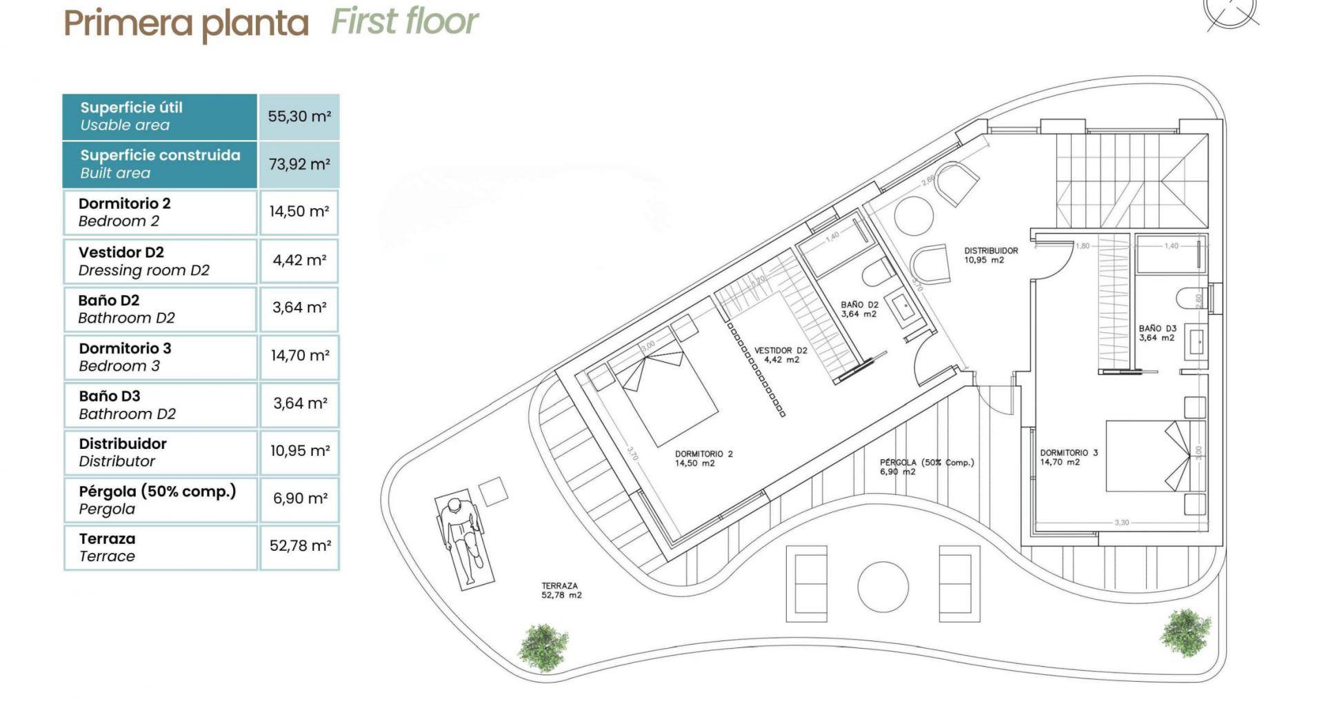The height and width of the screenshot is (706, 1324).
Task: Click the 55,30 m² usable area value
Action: pos(299,117)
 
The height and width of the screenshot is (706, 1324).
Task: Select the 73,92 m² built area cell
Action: pos(299,164)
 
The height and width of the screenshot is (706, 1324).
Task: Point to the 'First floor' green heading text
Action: pos(404,21)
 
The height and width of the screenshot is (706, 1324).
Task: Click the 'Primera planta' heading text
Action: pos(185,23)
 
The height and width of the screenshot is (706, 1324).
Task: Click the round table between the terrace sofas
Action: pos(883,586)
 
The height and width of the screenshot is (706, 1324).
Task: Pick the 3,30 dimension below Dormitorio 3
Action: pos(1122,523)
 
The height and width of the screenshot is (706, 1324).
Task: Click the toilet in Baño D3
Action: pos(1189,299)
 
